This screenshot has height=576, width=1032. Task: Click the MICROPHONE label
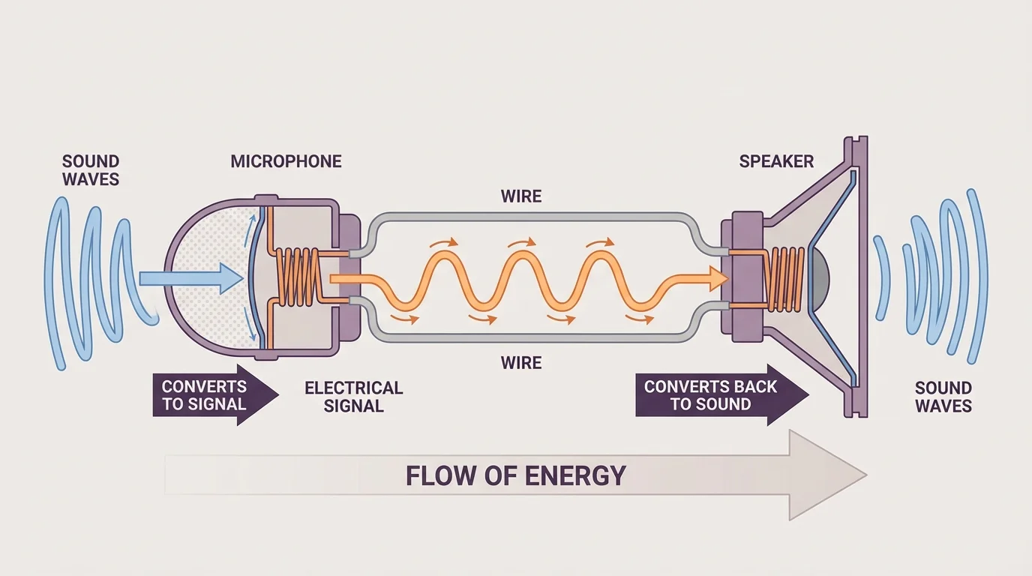pyautogui.click(x=286, y=161)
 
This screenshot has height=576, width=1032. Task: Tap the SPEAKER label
pyautogui.click(x=776, y=161)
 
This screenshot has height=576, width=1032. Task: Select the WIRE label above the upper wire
pyautogui.click(x=521, y=196)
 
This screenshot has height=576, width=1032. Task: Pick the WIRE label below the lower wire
pyautogui.click(x=521, y=363)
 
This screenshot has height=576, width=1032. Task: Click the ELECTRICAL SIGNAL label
pyautogui.click(x=353, y=397)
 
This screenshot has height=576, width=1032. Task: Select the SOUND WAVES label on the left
pyautogui.click(x=91, y=170)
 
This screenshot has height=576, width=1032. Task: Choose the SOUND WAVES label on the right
pyautogui.click(x=943, y=397)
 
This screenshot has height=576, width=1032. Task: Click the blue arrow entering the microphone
pyautogui.click(x=192, y=279)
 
